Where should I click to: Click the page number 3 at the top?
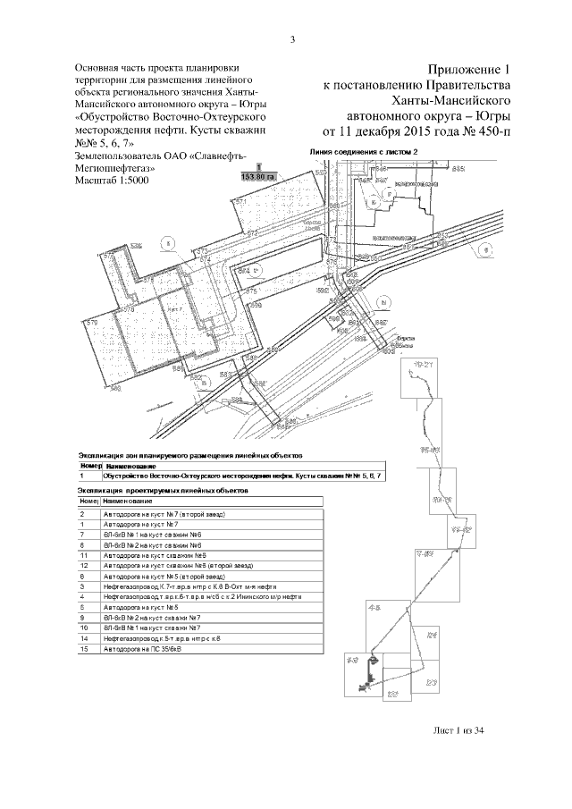[x=293, y=38]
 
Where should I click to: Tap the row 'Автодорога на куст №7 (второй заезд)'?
[x=163, y=515]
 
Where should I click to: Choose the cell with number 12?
[x=82, y=566]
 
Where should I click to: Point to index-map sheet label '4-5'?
[x=375, y=608]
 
